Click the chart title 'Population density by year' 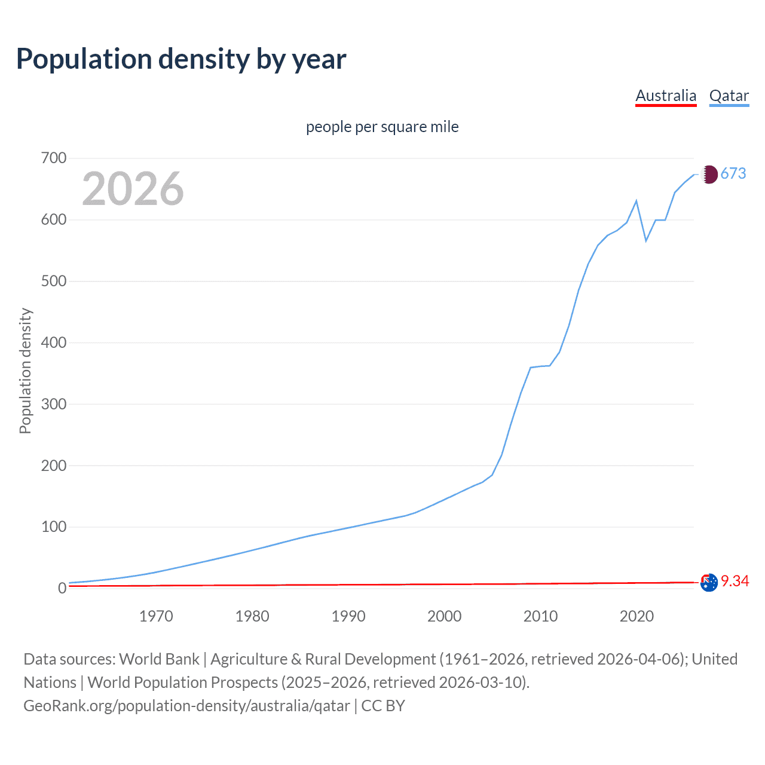[x=181, y=59]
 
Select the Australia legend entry [x=666, y=96]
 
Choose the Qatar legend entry [x=729, y=96]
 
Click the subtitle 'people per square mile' [x=382, y=127]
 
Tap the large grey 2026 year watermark [x=133, y=189]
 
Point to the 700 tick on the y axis [x=54, y=158]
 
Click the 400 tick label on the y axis [x=54, y=343]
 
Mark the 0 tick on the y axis [x=62, y=589]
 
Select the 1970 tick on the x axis [x=156, y=616]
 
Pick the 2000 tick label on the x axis [x=444, y=616]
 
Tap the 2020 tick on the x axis [x=637, y=616]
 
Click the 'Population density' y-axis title [x=25, y=371]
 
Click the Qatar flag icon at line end [x=709, y=174]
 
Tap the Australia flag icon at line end [x=709, y=582]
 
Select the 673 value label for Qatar [x=733, y=173]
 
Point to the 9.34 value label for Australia [x=735, y=581]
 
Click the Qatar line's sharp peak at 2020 [x=637, y=201]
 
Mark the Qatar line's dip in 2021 [x=646, y=241]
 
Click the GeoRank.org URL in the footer [x=186, y=706]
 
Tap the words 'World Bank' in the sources [x=159, y=659]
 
